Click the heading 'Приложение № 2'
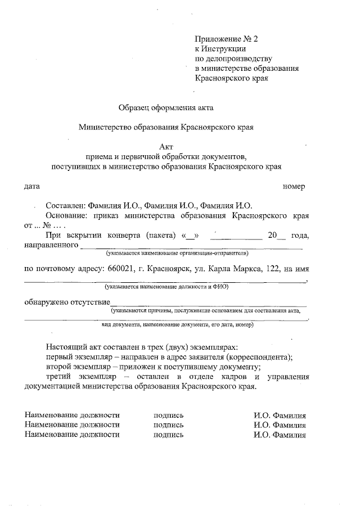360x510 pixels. [x=225, y=39]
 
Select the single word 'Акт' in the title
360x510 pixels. [x=166, y=147]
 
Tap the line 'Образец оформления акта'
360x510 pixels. [x=166, y=107]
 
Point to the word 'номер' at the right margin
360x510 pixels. [x=294, y=186]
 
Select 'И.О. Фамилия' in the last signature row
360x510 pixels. [x=280, y=435]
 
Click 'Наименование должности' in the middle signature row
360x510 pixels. [x=72, y=425]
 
